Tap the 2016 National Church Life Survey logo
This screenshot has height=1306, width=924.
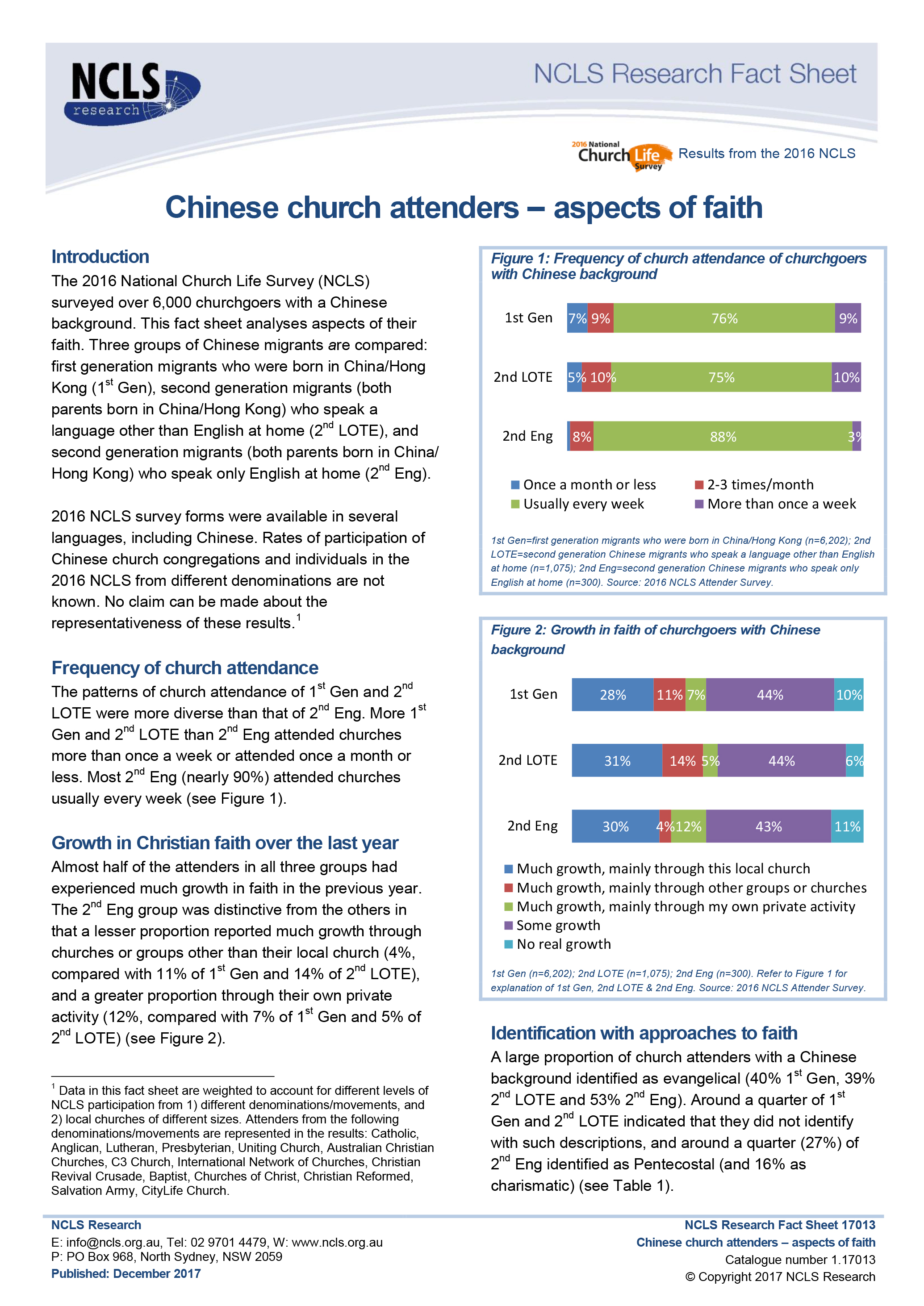click(621, 155)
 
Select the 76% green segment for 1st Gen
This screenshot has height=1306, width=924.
click(724, 318)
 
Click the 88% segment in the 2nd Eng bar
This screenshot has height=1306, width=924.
click(723, 436)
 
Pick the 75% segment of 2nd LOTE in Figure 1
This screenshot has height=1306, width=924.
click(721, 377)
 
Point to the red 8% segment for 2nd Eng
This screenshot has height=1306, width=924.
click(581, 436)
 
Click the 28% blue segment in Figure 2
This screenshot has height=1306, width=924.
click(612, 694)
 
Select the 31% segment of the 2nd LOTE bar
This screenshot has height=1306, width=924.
click(617, 760)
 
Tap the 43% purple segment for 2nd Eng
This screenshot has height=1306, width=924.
click(768, 826)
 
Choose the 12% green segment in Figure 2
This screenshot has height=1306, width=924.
click(689, 826)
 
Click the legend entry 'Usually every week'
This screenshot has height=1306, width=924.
click(583, 504)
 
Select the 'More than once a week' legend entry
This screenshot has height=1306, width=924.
click(781, 504)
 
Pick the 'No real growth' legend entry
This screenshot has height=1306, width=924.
click(563, 944)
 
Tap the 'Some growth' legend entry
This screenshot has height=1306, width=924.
click(558, 926)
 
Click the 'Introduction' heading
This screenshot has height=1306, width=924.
click(100, 257)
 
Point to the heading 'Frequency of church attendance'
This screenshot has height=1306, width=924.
click(185, 668)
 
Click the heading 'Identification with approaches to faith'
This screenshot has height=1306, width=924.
click(644, 1033)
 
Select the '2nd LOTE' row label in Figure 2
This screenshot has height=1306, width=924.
click(527, 760)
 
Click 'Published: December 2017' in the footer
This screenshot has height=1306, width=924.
click(126, 1273)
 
